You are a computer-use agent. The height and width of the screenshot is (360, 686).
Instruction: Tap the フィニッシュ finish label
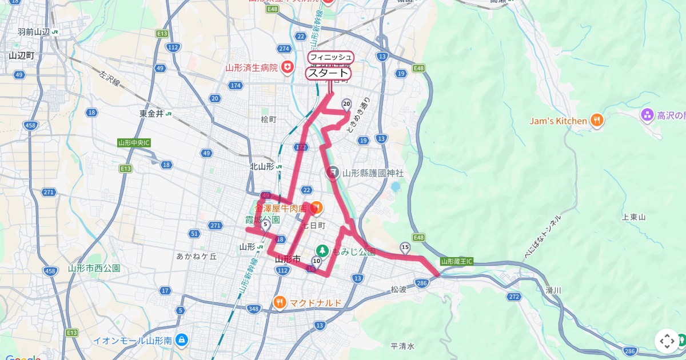pos(331,57)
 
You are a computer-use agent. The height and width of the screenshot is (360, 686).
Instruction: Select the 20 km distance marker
pos(346,104)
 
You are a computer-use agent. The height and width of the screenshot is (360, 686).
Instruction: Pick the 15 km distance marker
pos(405,247)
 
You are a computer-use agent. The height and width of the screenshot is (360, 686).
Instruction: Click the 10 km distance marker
pos(316,261)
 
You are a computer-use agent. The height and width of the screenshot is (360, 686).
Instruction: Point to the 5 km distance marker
pos(265,225)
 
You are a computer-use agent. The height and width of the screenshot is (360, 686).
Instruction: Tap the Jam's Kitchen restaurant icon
pos(597,121)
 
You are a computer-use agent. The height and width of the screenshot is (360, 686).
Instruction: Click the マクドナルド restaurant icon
pos(280,302)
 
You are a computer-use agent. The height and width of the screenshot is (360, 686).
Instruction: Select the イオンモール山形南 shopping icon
pos(182,340)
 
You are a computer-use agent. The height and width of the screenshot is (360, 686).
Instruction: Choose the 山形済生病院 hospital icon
pos(288,67)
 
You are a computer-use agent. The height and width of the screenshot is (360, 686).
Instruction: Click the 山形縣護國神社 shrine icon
pos(333,172)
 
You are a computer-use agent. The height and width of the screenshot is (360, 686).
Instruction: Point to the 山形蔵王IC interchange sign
pos(457,261)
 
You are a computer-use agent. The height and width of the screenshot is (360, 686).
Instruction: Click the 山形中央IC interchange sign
pos(134,142)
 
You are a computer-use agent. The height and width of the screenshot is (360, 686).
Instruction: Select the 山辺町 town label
pos(22,55)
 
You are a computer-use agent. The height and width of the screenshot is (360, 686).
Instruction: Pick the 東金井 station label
pos(151,114)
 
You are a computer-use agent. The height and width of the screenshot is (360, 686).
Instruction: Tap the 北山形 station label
pos(262,167)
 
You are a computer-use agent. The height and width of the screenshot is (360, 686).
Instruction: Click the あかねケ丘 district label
pos(197,257)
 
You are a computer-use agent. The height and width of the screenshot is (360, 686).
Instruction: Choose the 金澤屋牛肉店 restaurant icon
pos(316,206)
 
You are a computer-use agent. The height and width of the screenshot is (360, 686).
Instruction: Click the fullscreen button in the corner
pos(667,341)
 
